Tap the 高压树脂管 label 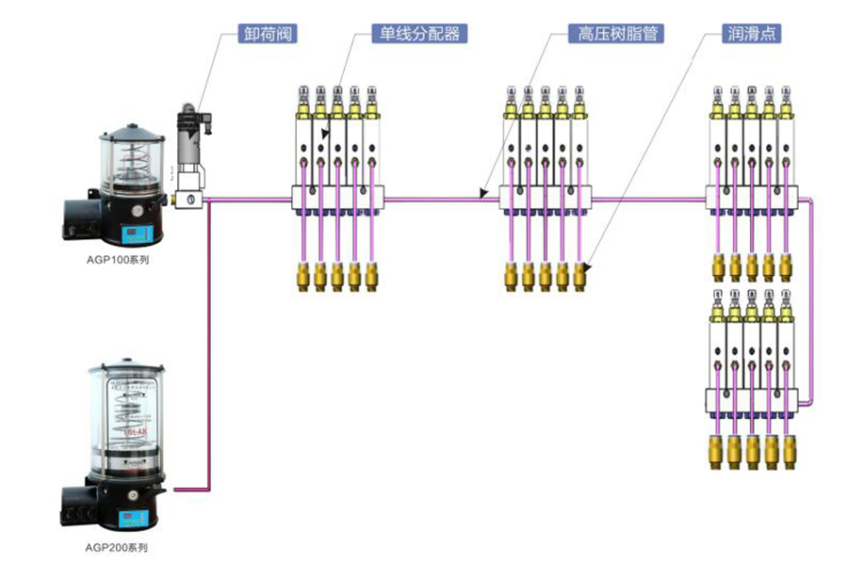(617, 35)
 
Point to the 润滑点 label (751, 35)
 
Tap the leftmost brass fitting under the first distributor (303, 275)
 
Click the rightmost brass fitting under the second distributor (580, 275)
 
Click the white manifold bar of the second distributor (546, 198)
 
